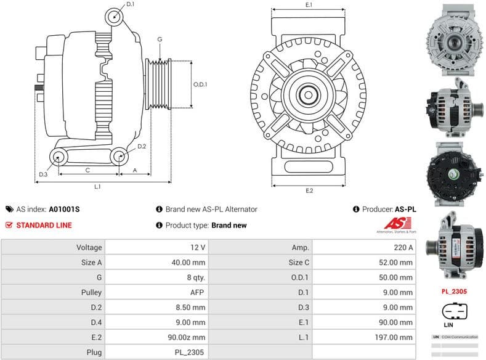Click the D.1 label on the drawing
pos(130,5)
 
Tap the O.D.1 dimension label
pos(200,84)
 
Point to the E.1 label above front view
pos(309,5)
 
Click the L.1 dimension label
pos(97,186)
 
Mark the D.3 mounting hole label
pos(43,174)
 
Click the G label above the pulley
pos(160,39)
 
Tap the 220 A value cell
pos(403,247)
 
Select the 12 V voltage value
pos(198,247)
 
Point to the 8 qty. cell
pos(195,277)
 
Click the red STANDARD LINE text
pos(43,225)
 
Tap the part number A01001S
pos(65,209)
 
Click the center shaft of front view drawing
pos(308,95)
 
